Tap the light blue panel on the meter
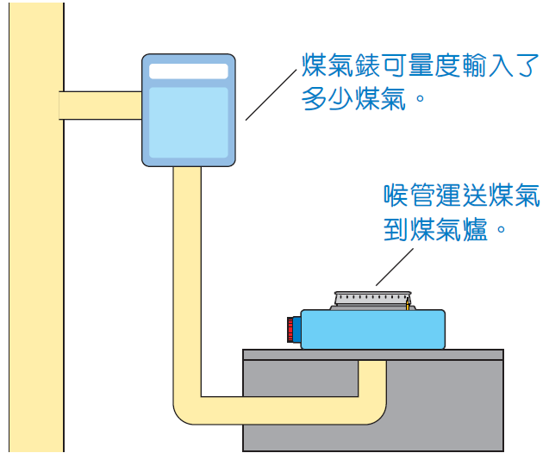point(188,121)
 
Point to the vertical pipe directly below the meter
point(186,258)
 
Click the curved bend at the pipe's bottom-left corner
point(186,410)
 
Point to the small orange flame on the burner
point(406,303)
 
